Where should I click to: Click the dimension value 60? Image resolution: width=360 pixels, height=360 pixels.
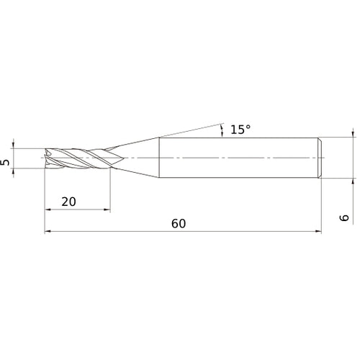(x=179, y=223)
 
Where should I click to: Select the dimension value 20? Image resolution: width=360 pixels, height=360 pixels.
(x=69, y=202)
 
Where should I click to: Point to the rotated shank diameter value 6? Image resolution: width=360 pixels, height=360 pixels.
(x=346, y=217)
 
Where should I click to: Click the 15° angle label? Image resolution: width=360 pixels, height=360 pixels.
(x=240, y=130)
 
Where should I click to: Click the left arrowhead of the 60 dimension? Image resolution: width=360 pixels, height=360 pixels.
(x=48, y=232)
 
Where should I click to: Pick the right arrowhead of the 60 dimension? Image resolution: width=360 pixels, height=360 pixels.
(x=317, y=232)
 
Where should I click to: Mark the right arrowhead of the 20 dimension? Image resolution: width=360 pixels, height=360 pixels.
(x=107, y=210)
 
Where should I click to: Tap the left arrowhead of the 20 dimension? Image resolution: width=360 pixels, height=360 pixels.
(x=48, y=210)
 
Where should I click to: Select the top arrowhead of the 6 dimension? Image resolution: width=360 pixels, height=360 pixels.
(x=353, y=133)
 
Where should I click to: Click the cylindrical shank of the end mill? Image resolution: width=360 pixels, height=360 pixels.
(x=238, y=157)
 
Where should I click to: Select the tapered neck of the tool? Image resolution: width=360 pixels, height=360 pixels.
(x=137, y=157)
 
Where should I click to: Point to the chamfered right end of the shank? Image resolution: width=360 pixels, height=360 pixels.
(x=318, y=157)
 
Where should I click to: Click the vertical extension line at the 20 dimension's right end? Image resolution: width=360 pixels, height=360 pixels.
(x=110, y=191)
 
